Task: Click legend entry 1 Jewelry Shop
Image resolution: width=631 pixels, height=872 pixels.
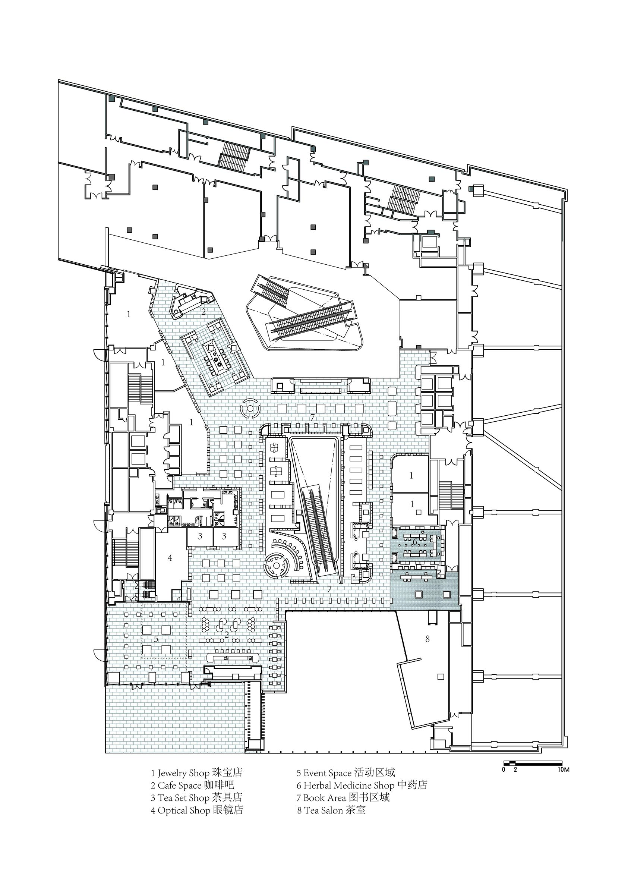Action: click(196, 773)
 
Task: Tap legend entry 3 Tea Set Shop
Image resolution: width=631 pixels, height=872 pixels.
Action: click(196, 797)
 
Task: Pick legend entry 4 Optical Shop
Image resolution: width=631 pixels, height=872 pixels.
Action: click(197, 810)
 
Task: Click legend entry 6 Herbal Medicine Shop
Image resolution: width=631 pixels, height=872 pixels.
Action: click(362, 785)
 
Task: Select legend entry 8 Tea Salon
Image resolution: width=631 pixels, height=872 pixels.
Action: click(331, 810)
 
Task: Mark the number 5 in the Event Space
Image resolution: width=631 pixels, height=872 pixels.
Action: click(156, 639)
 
